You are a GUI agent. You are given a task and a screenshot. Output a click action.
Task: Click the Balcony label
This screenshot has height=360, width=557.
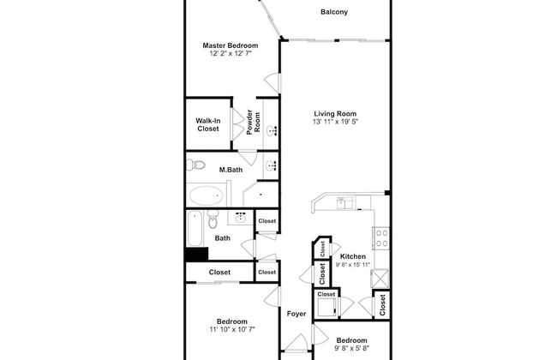(x=334, y=12)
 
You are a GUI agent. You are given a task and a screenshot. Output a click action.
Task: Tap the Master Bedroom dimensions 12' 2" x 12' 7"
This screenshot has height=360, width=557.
(x=231, y=54)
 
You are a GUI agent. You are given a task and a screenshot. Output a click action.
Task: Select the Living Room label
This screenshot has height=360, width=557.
(x=335, y=114)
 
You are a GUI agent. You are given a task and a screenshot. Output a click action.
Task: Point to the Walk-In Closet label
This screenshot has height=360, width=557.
(x=208, y=125)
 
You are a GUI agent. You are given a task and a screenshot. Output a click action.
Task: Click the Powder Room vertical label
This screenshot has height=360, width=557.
(x=254, y=123)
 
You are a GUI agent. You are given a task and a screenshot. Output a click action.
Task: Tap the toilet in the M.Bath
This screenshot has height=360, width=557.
(x=196, y=165)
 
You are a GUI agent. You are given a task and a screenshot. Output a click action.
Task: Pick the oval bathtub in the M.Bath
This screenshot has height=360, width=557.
(x=206, y=195)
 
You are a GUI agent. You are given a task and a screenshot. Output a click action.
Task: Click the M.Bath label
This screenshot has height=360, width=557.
(x=231, y=170)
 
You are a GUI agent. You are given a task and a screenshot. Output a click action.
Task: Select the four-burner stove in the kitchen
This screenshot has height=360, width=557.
(x=381, y=238)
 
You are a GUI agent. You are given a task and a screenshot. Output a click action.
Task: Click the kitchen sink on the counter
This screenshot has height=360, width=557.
(x=344, y=203)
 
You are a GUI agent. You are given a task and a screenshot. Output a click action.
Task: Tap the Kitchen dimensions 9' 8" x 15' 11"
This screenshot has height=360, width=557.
(x=353, y=264)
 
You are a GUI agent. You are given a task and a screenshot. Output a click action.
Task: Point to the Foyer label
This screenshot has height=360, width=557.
(x=296, y=314)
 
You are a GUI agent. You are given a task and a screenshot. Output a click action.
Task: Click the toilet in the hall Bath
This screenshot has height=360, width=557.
(x=213, y=219)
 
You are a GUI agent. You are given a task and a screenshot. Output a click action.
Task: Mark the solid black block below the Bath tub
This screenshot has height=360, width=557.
(x=196, y=255)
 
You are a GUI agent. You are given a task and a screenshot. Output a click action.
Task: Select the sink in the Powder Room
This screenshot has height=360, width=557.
(x=273, y=131)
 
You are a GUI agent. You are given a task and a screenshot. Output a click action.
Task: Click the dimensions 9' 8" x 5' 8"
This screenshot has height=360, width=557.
(x=351, y=348)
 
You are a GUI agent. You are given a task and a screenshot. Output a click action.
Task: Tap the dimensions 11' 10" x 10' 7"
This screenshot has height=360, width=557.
(x=232, y=329)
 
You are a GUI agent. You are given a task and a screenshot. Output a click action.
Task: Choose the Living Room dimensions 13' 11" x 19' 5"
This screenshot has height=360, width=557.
(x=335, y=122)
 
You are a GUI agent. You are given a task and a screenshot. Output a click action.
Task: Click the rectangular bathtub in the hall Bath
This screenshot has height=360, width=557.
(x=195, y=228)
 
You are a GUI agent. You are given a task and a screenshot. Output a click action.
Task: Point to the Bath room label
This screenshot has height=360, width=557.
(x=223, y=238)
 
